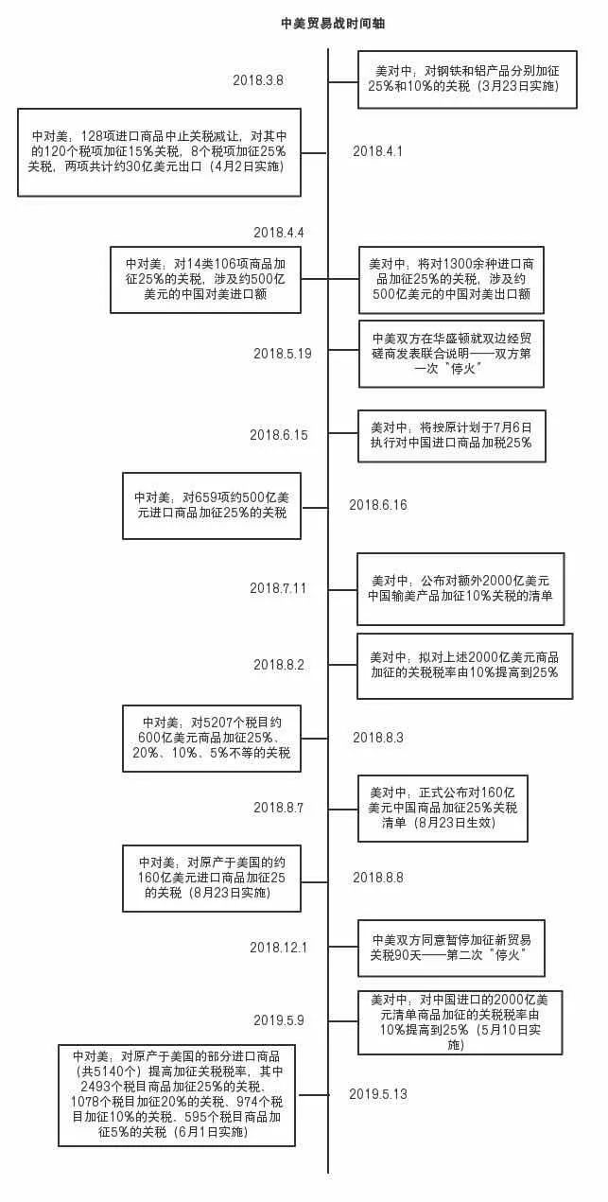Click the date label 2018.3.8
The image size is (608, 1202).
[x=258, y=80]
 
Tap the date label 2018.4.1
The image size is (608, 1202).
[x=378, y=151]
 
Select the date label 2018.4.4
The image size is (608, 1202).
[x=279, y=233]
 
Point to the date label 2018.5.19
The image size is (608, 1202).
[x=282, y=353]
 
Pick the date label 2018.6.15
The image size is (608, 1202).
[x=279, y=435]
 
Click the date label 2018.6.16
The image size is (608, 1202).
[x=378, y=505]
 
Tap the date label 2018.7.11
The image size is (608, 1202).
[x=279, y=588]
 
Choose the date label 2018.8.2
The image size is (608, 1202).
[x=279, y=665]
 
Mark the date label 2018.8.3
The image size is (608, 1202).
[x=378, y=738]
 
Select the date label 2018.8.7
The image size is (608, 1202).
[x=279, y=808]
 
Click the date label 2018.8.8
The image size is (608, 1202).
[x=378, y=878]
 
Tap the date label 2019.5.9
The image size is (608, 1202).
[x=279, y=1019]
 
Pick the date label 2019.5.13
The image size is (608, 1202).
[x=378, y=1094]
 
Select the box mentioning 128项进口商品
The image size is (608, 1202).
[x=159, y=151]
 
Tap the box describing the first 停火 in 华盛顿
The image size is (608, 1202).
[x=451, y=353]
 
